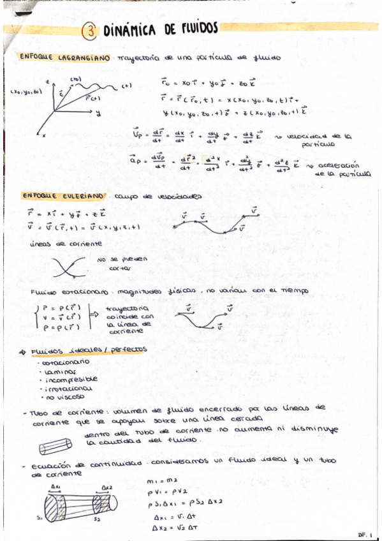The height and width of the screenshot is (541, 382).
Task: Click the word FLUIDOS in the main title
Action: pyautogui.click(x=193, y=28)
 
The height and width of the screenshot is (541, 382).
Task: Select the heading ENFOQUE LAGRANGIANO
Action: pyautogui.click(x=64, y=57)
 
